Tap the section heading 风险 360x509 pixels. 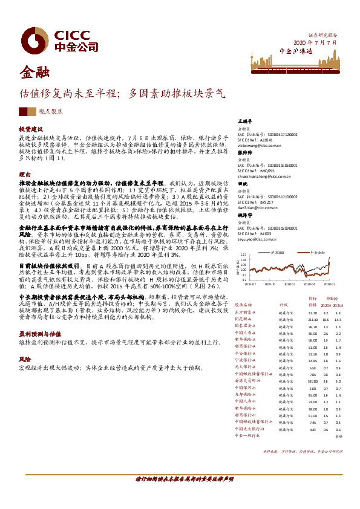click(x=24, y=358)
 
